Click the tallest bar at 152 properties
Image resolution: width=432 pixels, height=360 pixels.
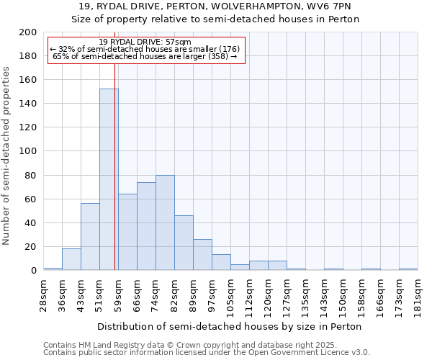pos(109,180)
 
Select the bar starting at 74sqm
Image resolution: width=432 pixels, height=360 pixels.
pos(165,222)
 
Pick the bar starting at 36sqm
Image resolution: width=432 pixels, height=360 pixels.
pos(71,259)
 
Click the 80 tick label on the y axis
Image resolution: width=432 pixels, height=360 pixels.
pos(31,175)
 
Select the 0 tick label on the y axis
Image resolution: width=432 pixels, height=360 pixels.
pos(34,271)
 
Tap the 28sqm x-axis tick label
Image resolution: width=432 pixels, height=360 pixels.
pos(43,293)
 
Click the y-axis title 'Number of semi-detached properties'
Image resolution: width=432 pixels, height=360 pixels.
pos(7,156)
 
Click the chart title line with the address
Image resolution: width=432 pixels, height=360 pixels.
pos(215,6)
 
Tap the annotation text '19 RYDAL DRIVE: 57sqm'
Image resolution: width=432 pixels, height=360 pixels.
pos(145,42)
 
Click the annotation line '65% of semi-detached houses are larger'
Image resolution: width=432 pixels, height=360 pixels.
pos(145,56)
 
